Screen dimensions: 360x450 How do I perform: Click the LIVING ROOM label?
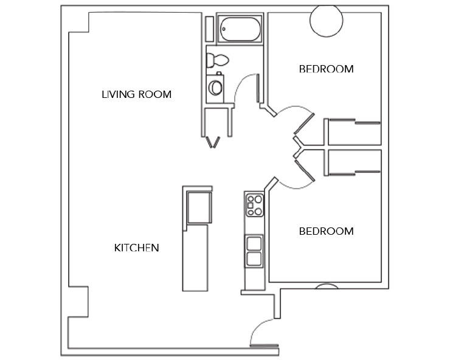[x=136, y=94]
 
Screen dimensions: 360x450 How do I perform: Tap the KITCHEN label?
[x=136, y=247]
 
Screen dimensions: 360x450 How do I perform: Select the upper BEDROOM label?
[x=326, y=69]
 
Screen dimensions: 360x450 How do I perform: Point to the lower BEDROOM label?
[x=326, y=231]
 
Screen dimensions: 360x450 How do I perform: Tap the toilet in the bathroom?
[x=217, y=60]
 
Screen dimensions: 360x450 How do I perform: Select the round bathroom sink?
[x=216, y=87]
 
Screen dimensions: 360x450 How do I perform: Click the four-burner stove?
[x=254, y=205]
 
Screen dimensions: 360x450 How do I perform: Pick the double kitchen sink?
[x=254, y=251]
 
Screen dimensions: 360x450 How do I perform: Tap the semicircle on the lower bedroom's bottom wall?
[x=326, y=286]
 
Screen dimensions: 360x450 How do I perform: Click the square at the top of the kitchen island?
[x=199, y=207]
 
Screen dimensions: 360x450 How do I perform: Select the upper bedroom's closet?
[x=354, y=131]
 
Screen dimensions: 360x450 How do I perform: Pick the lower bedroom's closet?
[x=354, y=162]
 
